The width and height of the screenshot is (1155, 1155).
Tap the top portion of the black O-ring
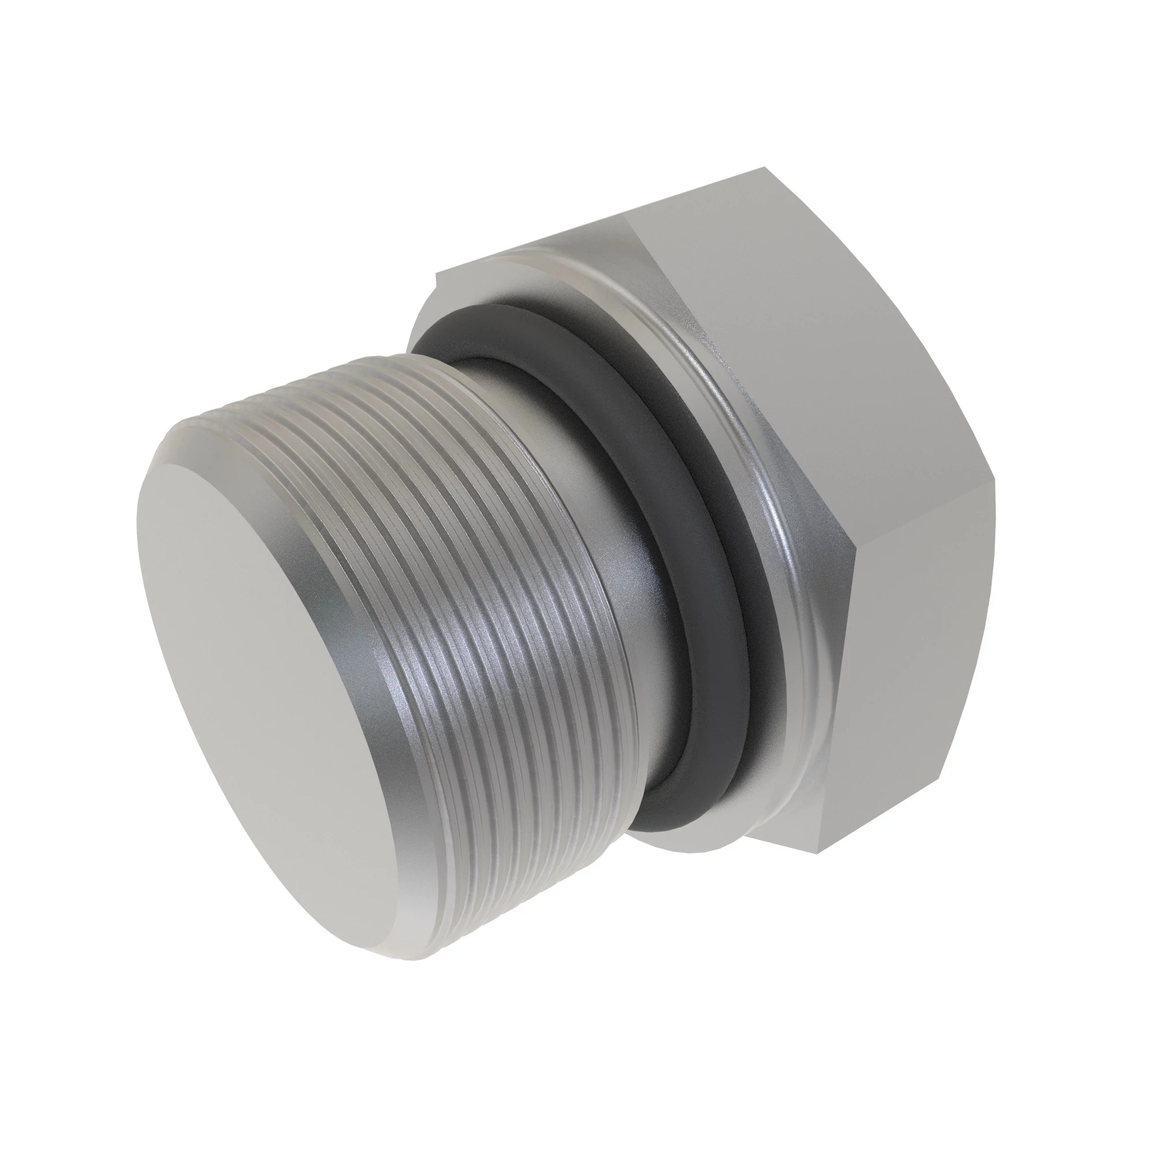(x=526, y=323)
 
